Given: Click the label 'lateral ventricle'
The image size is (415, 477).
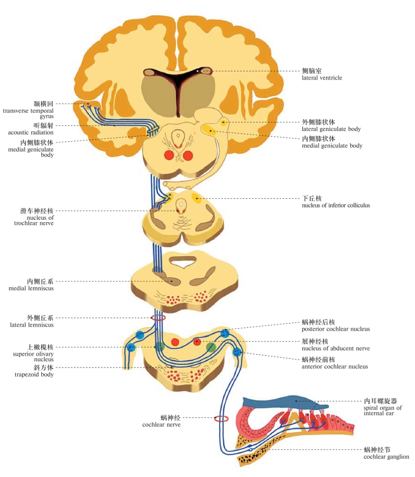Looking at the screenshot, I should [x=322, y=78].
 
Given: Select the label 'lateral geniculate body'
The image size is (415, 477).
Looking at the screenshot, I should [x=331, y=129].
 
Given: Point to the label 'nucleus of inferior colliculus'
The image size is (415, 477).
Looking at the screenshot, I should [x=335, y=205].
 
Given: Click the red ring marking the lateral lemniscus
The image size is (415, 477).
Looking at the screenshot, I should [x=159, y=317].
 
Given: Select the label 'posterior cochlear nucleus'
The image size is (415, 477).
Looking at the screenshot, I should [x=335, y=329].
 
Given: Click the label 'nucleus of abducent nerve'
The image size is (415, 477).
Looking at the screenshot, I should [x=335, y=349].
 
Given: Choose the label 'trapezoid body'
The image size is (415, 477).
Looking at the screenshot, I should [x=35, y=375].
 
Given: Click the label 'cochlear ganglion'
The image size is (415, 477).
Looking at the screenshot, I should [x=386, y=457].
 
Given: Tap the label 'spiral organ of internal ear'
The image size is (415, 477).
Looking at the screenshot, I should [x=382, y=410].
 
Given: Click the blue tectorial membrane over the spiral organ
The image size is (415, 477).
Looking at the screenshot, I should [x=286, y=402].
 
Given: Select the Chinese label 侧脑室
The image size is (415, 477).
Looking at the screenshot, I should [x=312, y=71].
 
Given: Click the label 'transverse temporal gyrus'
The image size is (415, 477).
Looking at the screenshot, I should [x=28, y=113].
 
